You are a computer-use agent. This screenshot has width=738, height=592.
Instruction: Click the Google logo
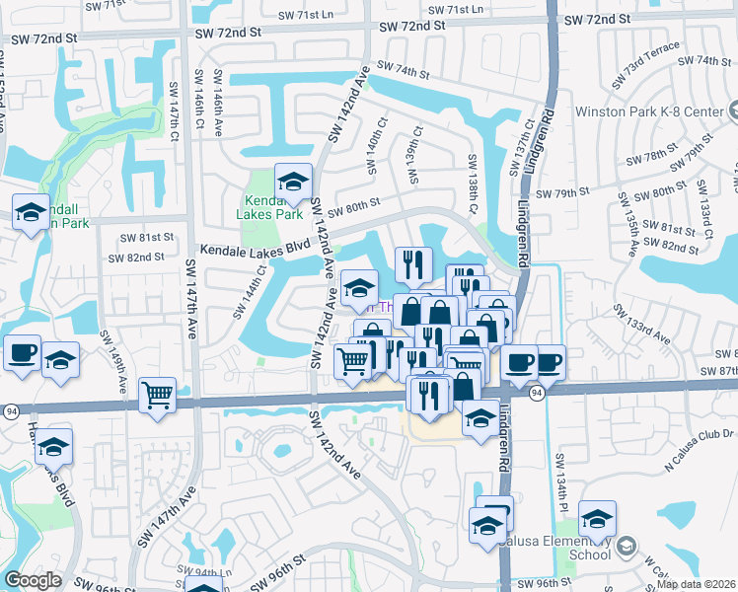[x=34, y=580]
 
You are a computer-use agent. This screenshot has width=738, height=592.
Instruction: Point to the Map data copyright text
[x=697, y=584]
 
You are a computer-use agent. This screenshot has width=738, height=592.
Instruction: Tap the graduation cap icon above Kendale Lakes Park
[x=293, y=182]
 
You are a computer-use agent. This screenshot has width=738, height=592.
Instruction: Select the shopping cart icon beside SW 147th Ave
[x=158, y=396]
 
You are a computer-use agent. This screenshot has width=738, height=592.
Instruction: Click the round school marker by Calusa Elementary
[x=624, y=546]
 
